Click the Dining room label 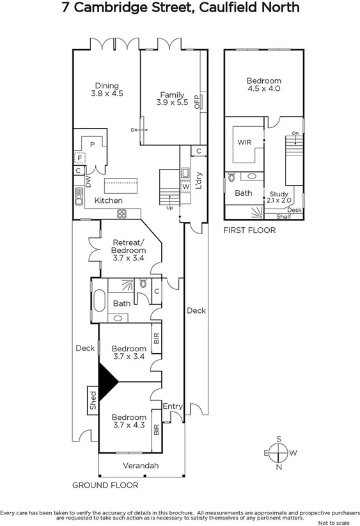pos(107,85)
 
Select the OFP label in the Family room pos(197,100)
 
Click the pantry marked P pos(93,145)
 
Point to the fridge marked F pos(80,157)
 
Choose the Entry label pos(173,406)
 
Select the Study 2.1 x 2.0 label pos(280,197)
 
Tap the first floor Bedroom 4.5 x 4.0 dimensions pos(264,90)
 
